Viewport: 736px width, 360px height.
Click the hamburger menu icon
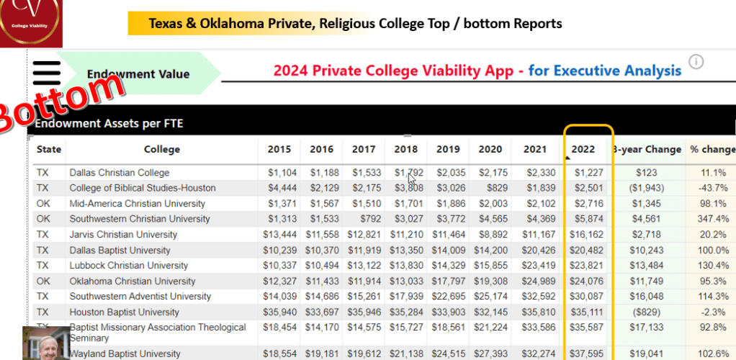47,73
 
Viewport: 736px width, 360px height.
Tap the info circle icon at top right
696,62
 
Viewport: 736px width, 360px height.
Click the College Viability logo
31,24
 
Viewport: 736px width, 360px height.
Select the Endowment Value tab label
138,73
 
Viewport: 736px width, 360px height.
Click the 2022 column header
583,149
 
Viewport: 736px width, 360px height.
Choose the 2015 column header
279,149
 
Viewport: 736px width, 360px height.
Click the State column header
49,149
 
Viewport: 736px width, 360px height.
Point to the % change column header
712,149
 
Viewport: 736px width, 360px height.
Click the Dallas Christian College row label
120,173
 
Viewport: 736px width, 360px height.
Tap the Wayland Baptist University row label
125,354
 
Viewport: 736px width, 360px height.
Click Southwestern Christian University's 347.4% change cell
713,219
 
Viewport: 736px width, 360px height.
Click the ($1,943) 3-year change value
647,188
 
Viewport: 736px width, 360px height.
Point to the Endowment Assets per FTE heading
109,124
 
